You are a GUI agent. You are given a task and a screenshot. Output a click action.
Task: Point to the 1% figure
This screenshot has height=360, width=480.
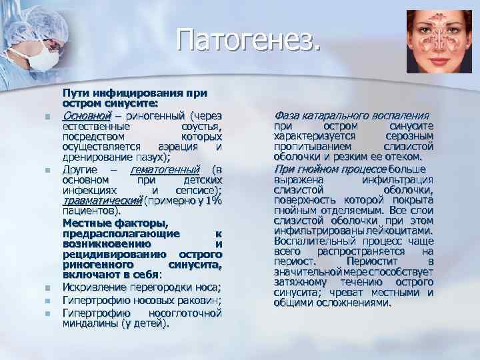213,201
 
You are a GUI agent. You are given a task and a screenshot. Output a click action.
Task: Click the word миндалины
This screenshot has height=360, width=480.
87,323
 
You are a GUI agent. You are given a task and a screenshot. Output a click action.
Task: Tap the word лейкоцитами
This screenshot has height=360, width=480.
401,231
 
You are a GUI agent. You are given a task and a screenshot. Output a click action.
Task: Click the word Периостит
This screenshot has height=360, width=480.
387,262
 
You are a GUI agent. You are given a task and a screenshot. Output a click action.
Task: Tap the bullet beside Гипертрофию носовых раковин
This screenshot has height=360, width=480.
49,301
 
